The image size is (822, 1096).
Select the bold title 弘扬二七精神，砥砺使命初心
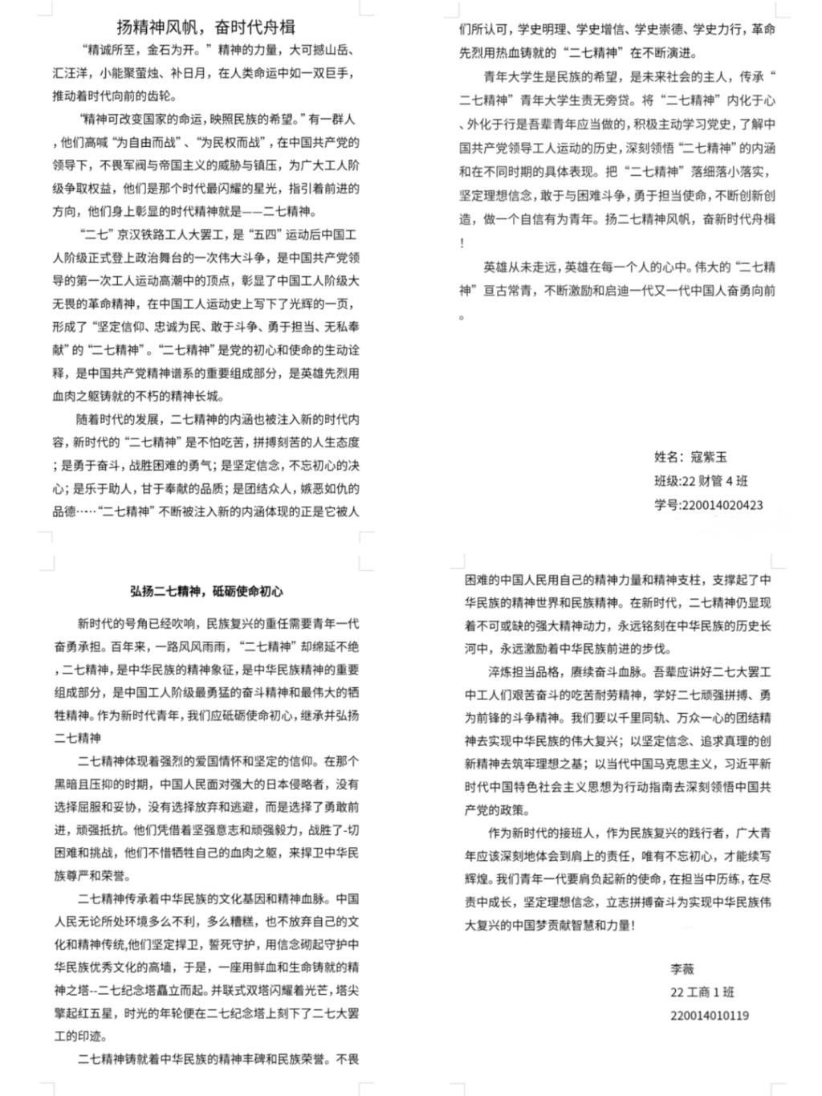(206, 591)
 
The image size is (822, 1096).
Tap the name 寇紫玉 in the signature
(709, 457)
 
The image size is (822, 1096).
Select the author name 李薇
(682, 969)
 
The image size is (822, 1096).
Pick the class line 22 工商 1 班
(702, 992)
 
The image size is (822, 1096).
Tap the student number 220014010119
(710, 1016)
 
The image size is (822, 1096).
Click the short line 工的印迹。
(80, 1036)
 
